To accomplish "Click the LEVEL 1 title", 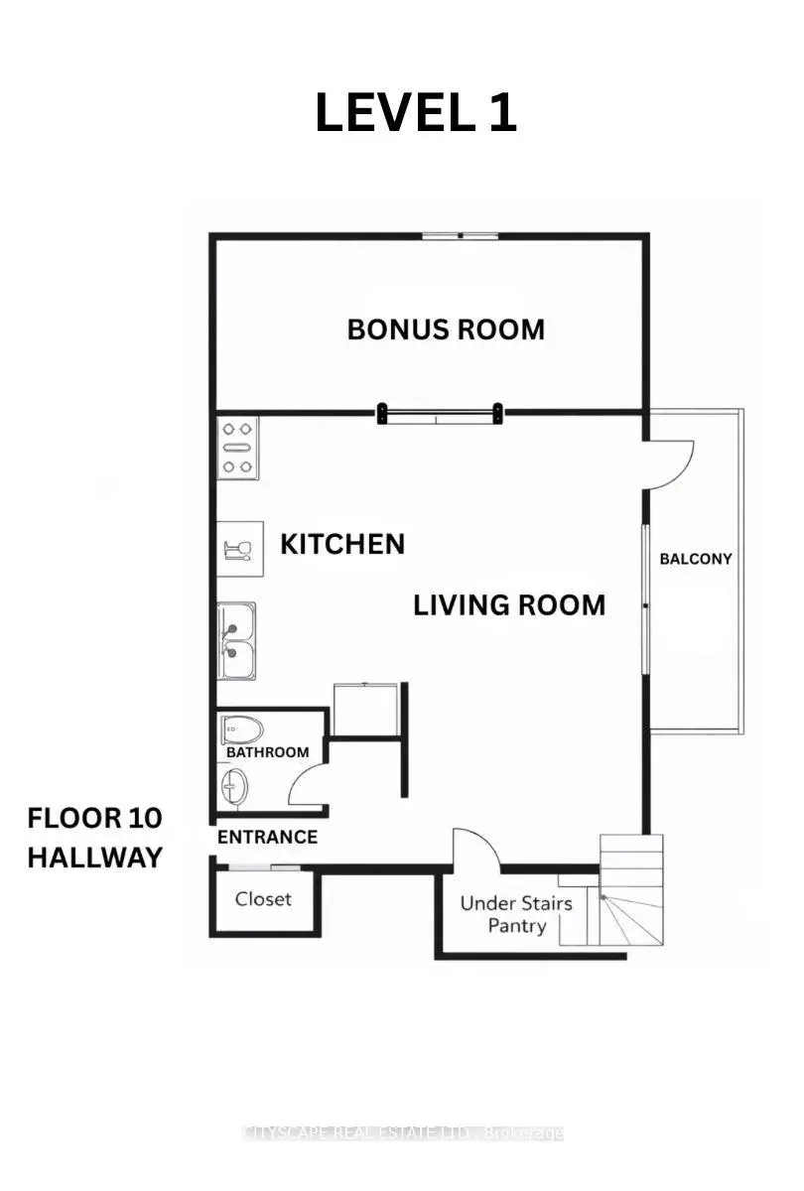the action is click(x=416, y=113).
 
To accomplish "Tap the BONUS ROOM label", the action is click(x=446, y=330).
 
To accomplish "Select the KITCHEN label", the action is click(x=342, y=544).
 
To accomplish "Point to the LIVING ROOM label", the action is click(x=509, y=605).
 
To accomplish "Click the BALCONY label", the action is click(x=696, y=559).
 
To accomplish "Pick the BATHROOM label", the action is click(x=267, y=752).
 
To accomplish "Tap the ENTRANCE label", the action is click(x=267, y=837).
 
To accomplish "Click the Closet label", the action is click(x=263, y=899).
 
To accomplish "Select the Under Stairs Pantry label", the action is click(x=516, y=914).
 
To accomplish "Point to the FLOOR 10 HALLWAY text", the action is click(x=94, y=838).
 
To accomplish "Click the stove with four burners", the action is click(x=237, y=448).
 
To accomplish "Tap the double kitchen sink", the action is click(x=236, y=641).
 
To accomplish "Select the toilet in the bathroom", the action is click(x=242, y=730).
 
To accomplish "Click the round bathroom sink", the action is click(x=234, y=787).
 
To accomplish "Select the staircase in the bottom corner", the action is click(x=631, y=889).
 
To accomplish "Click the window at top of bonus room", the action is click(x=460, y=235).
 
